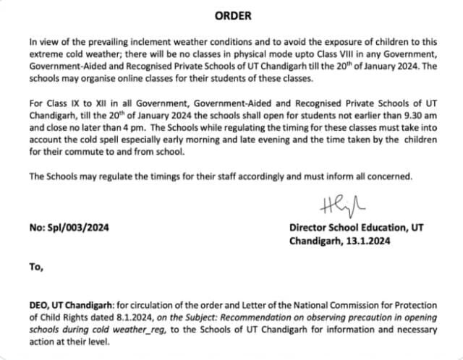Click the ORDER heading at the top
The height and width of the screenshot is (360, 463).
tap(231, 15)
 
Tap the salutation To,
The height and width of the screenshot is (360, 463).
tap(37, 266)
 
